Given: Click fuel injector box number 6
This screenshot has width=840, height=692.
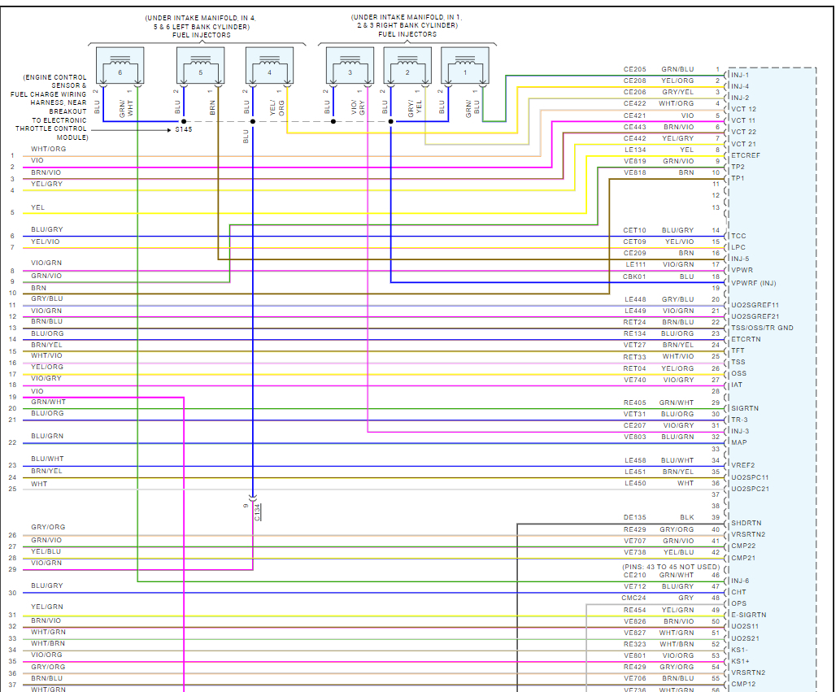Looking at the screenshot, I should click(x=120, y=65).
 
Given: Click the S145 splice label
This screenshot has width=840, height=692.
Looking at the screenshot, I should click(x=185, y=129).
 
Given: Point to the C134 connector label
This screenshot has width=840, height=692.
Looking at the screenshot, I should click(x=257, y=511).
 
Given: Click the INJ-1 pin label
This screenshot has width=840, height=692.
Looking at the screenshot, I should click(x=740, y=75).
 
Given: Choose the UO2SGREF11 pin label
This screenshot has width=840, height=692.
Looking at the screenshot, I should click(x=755, y=305).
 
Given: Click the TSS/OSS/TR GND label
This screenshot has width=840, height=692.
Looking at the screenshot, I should click(x=762, y=328).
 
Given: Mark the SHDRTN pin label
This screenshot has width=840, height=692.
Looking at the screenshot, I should click(x=746, y=523).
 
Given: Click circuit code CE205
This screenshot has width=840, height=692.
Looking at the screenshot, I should click(x=634, y=69).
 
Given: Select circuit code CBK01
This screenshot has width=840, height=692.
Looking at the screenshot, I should click(x=634, y=276).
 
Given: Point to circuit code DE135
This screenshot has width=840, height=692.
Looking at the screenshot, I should click(x=634, y=517).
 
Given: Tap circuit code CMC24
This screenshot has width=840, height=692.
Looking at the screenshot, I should click(x=634, y=598).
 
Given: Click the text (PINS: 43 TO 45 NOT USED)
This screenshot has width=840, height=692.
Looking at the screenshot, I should click(x=671, y=566).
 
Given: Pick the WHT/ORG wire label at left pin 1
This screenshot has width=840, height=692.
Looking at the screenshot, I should click(x=48, y=149).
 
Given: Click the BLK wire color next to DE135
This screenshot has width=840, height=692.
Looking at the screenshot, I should click(x=687, y=517).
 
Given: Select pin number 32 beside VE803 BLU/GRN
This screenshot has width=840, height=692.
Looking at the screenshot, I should click(x=716, y=437).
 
